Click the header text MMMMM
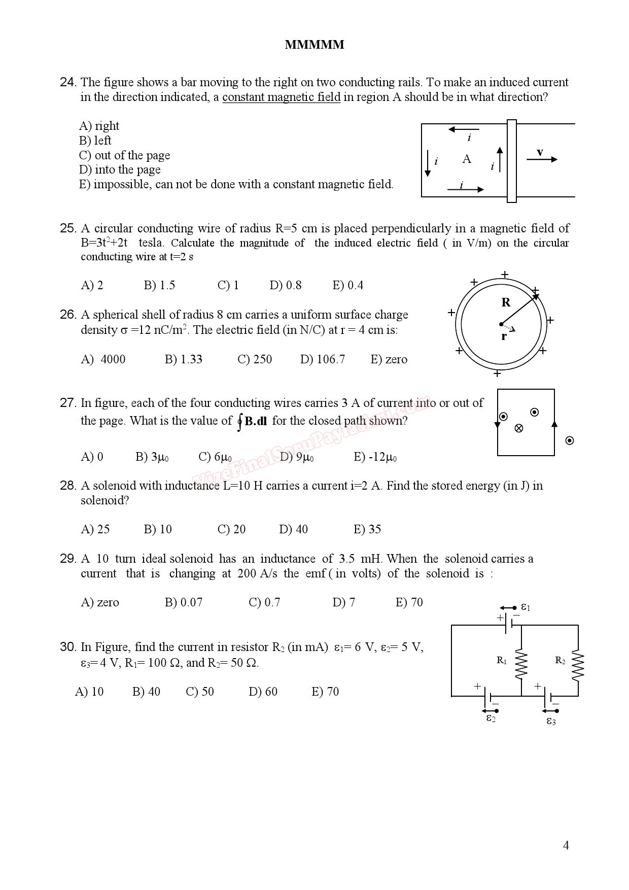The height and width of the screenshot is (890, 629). pyautogui.click(x=314, y=45)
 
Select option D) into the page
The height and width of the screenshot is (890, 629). pyautogui.click(x=120, y=169)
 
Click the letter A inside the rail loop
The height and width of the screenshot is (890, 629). pyautogui.click(x=467, y=159)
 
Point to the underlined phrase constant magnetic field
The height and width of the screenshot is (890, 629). pyautogui.click(x=281, y=97)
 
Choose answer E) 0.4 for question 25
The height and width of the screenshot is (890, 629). pyautogui.click(x=347, y=285)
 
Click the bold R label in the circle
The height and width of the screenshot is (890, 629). pyautogui.click(x=506, y=302)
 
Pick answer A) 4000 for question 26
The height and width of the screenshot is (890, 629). pyautogui.click(x=103, y=359)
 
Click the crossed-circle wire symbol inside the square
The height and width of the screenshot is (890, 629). pyautogui.click(x=518, y=428)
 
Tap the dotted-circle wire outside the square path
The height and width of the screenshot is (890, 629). pyautogui.click(x=570, y=440)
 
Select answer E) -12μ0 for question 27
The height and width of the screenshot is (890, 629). pyautogui.click(x=375, y=457)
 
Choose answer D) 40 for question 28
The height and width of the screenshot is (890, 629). pyautogui.click(x=293, y=529)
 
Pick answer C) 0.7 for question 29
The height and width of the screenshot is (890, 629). pyautogui.click(x=264, y=602)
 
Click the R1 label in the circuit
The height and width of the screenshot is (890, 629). pyautogui.click(x=501, y=660)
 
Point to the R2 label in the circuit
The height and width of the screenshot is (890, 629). pyautogui.click(x=560, y=660)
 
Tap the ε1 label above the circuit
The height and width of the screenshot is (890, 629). pyautogui.click(x=526, y=607)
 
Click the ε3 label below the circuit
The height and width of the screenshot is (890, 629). pyautogui.click(x=551, y=721)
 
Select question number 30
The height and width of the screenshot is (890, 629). pyautogui.click(x=68, y=647)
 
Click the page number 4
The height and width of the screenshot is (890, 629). pyautogui.click(x=566, y=845)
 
